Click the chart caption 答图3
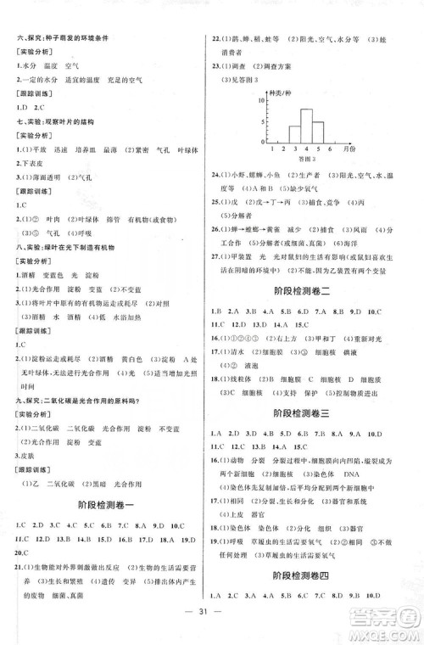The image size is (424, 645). click(x=304, y=159)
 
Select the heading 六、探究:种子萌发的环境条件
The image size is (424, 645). click(x=63, y=41)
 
